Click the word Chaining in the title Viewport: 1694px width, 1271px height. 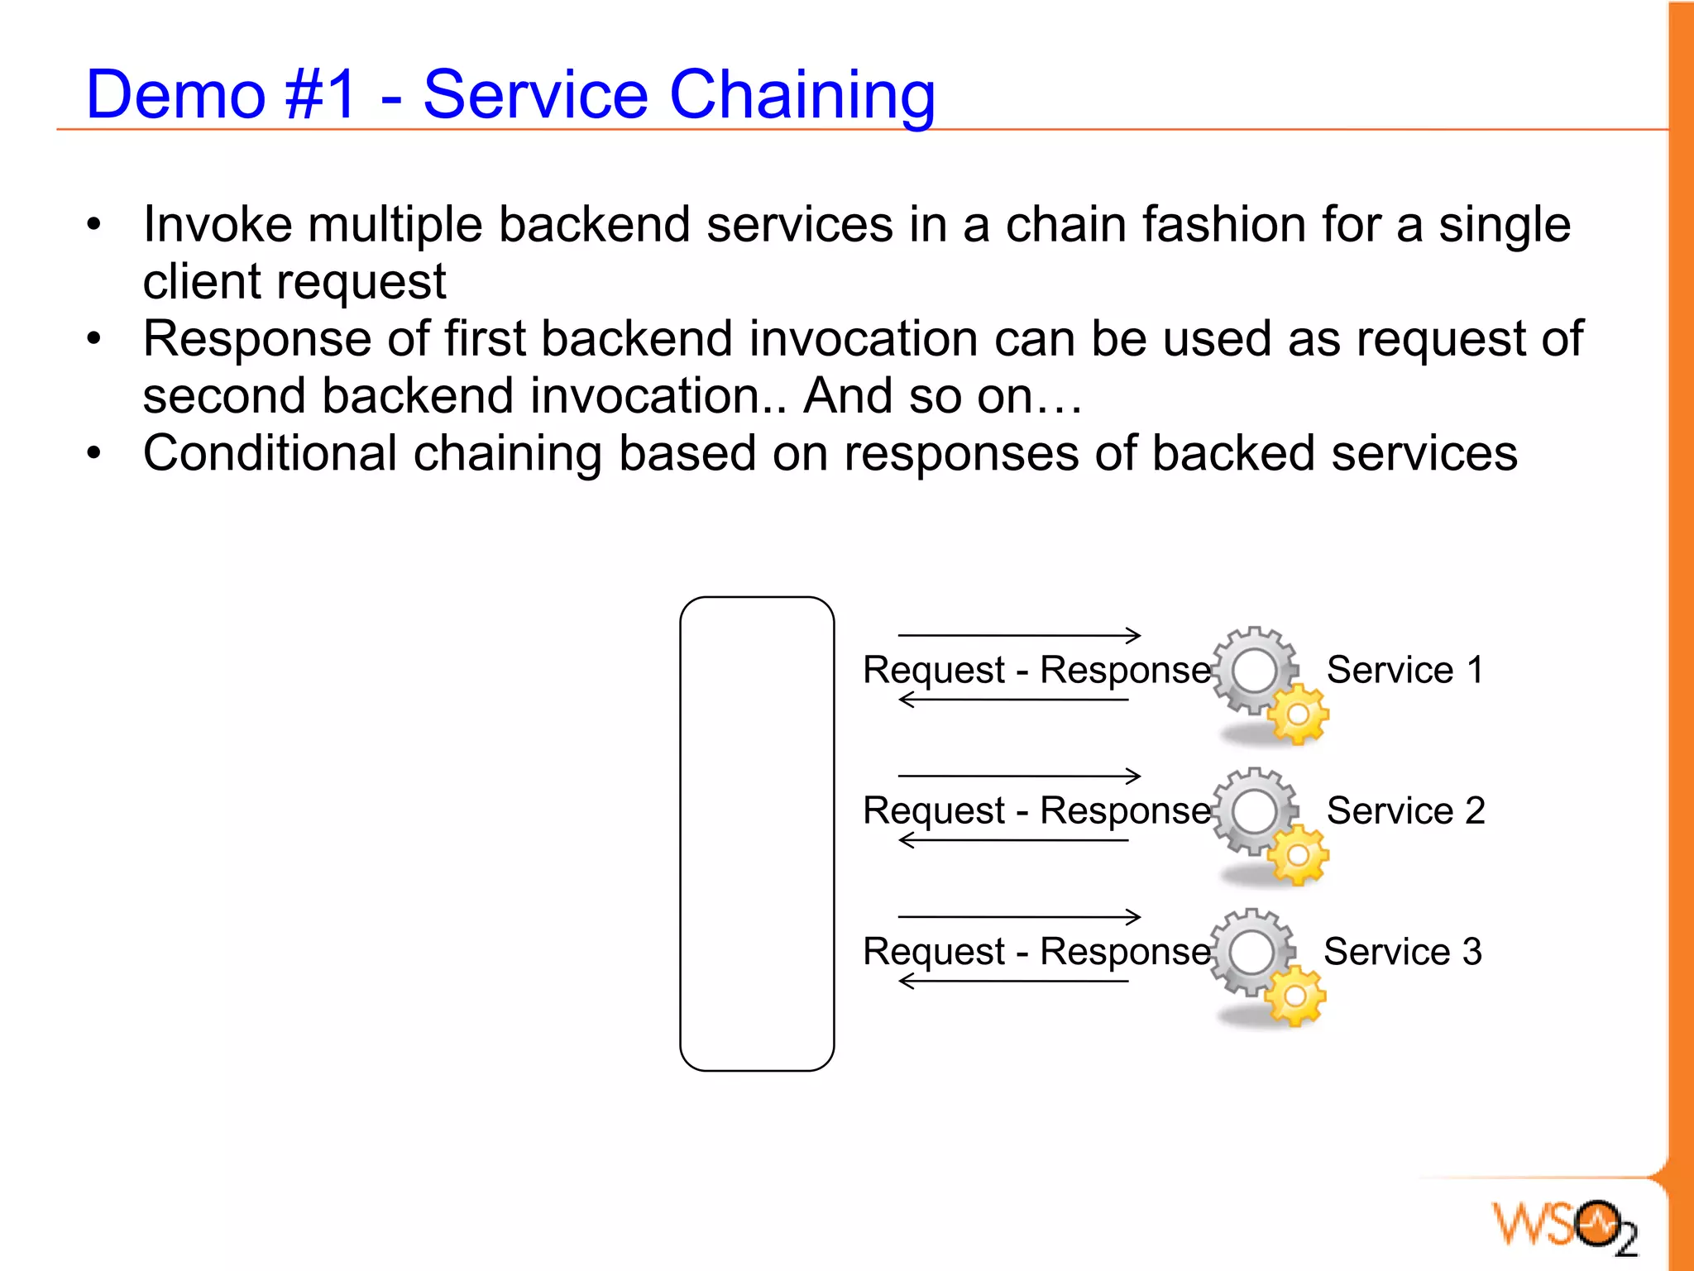pyautogui.click(x=802, y=95)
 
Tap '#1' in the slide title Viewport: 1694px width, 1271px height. pyautogui.click(x=319, y=95)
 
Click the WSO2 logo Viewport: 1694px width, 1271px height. pyautogui.click(x=1563, y=1226)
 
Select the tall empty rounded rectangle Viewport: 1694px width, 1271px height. pyautogui.click(x=756, y=834)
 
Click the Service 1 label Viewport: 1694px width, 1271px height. pyautogui.click(x=1404, y=670)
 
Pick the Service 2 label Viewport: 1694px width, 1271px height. pyautogui.click(x=1404, y=810)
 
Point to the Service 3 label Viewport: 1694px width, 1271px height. pyautogui.click(x=1402, y=952)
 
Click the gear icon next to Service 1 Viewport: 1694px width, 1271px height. pyautogui.click(x=1267, y=683)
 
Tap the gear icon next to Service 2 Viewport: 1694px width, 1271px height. pyautogui.click(x=1267, y=824)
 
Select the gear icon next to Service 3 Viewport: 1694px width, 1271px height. pyautogui.click(x=1266, y=965)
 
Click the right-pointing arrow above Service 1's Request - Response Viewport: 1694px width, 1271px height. pyautogui.click(x=1019, y=635)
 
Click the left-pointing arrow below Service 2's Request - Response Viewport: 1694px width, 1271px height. pyautogui.click(x=1013, y=840)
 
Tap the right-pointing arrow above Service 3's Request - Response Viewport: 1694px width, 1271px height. pyautogui.click(x=1019, y=916)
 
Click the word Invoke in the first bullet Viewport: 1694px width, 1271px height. pyautogui.click(x=218, y=225)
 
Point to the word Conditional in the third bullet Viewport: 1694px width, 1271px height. pyautogui.click(x=269, y=454)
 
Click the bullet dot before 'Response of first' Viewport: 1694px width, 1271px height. pyautogui.click(x=94, y=339)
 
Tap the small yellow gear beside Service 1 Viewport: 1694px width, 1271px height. pyautogui.click(x=1298, y=714)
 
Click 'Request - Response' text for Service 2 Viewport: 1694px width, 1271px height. pyautogui.click(x=1036, y=810)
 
